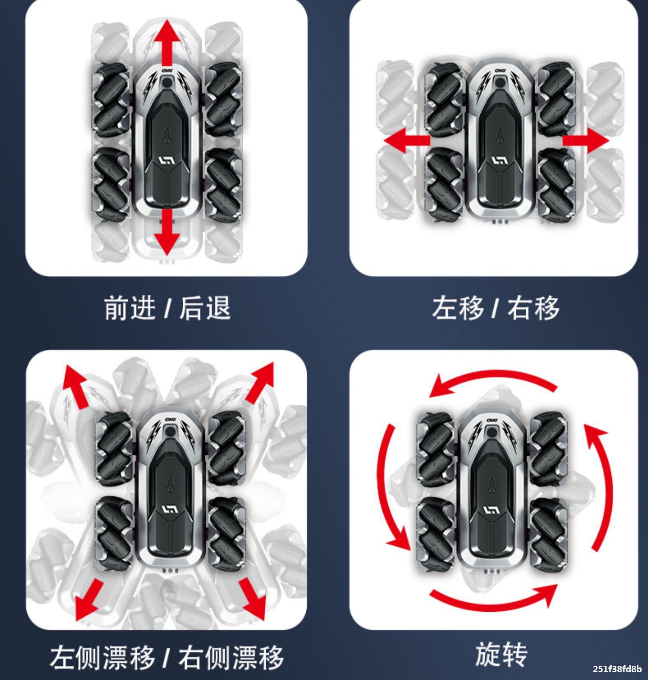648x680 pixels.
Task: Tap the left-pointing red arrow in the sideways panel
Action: [x=407, y=140]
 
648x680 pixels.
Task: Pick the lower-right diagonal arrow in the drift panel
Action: [x=252, y=599]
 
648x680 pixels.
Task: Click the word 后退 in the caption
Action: [x=205, y=308]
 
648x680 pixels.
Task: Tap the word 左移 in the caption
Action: [x=457, y=308]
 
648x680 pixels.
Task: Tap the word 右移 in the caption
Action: [x=533, y=308]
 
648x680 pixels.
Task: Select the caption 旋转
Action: [x=501, y=654]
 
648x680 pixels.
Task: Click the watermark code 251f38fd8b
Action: [x=617, y=669]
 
